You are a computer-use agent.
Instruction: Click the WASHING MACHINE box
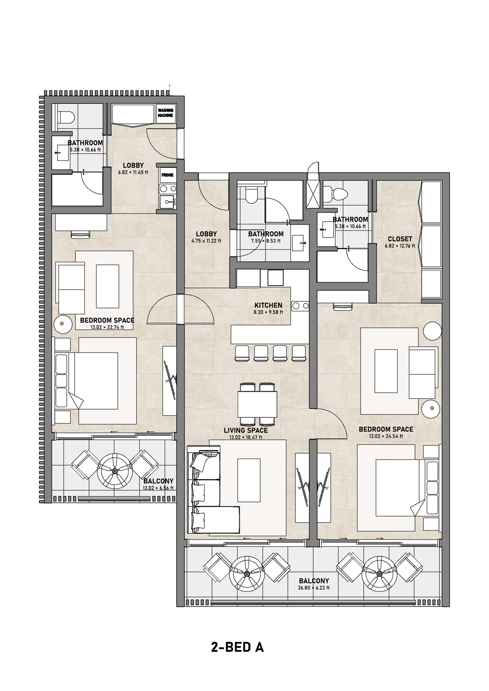pyautogui.click(x=165, y=113)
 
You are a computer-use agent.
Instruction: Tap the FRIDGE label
pyautogui.click(x=168, y=175)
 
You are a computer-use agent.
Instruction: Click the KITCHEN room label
pyautogui.click(x=268, y=305)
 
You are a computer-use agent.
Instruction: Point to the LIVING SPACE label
pyautogui.click(x=246, y=430)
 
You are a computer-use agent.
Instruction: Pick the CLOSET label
pyautogui.click(x=400, y=239)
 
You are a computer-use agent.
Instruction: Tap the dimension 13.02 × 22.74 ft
pyautogui.click(x=107, y=327)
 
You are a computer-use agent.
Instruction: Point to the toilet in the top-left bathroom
pyautogui.click(x=66, y=117)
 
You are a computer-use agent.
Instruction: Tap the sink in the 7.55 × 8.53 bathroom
pyautogui.click(x=299, y=243)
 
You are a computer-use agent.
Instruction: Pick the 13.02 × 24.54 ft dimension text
pyautogui.click(x=386, y=436)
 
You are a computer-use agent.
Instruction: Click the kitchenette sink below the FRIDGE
pyautogui.click(x=168, y=202)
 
